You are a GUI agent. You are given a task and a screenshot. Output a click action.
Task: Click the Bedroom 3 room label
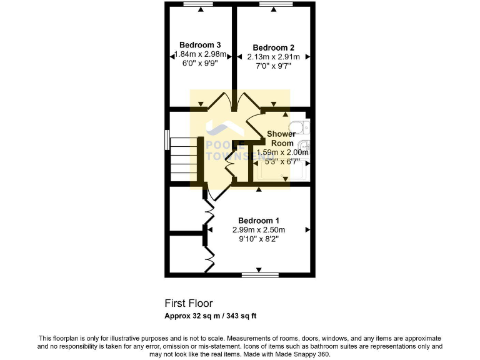coord(200,45)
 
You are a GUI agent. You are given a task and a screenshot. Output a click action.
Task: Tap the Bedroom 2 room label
coord(273,47)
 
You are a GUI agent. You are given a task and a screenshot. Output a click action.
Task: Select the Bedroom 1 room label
coord(259,221)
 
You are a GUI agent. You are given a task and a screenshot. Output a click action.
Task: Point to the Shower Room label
coord(281,138)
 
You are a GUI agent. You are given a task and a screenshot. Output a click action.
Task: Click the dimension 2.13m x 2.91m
coord(273,57)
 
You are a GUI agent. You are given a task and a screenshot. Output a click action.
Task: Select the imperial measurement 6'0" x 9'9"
coord(200,63)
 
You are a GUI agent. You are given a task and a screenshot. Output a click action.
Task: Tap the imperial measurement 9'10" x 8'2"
coord(259,239)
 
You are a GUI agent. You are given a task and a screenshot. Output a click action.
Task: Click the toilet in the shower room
coord(302,127)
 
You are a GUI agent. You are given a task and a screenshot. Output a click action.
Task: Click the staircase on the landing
coord(184,159)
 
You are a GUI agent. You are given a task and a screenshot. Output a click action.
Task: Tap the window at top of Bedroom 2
coord(273,4)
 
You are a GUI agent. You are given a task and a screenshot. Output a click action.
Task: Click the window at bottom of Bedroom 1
coord(260,274)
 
